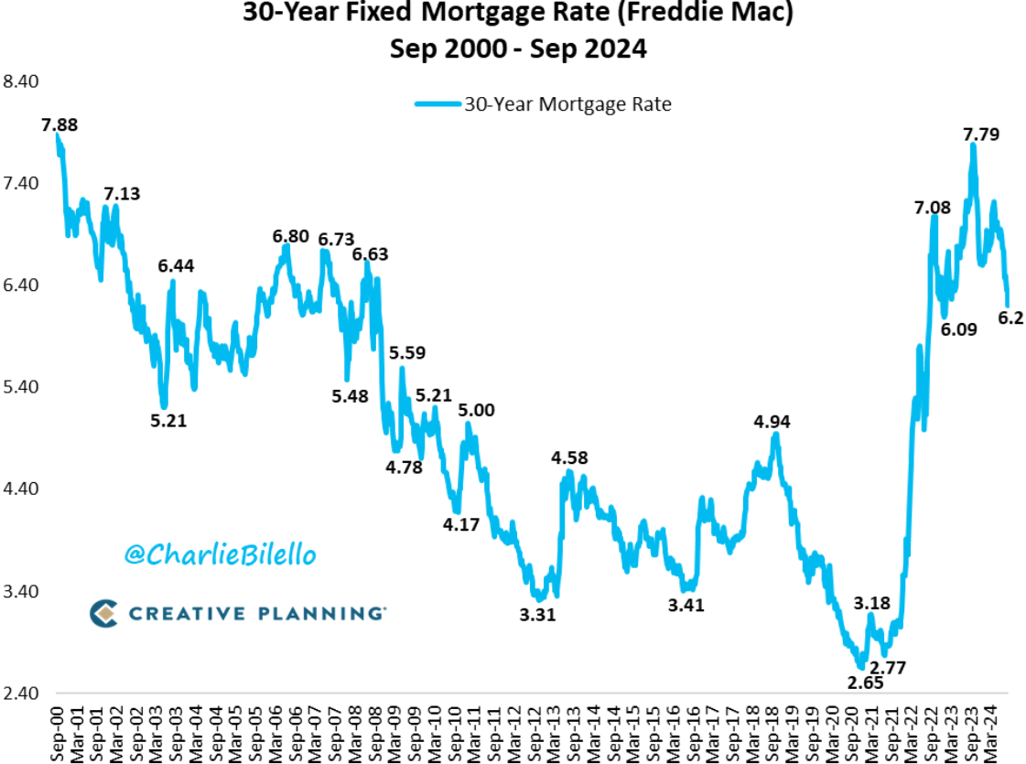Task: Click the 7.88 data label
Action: click(x=59, y=124)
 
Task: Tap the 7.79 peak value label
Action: click(x=980, y=135)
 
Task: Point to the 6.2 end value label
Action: click(x=1010, y=317)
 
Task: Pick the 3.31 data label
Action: click(x=537, y=615)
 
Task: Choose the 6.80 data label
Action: click(x=291, y=237)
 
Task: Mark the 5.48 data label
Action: click(x=351, y=395)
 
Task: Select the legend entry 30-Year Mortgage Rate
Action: click(x=567, y=104)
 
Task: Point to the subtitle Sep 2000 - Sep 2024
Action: click(x=518, y=48)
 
